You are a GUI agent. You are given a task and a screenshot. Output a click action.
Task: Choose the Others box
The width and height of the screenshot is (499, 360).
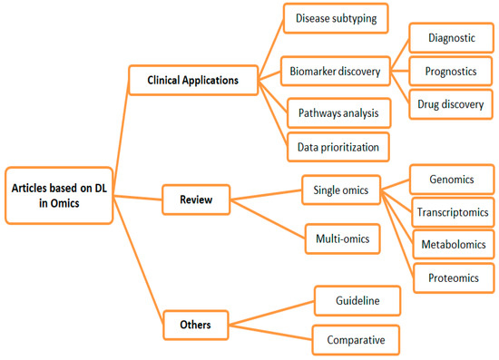click(192, 320)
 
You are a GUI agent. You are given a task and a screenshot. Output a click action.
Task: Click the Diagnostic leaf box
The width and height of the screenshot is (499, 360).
click(450, 37)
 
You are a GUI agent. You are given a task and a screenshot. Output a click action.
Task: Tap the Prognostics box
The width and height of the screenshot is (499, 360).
click(450, 70)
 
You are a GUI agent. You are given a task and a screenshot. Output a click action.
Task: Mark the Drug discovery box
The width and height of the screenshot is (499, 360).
click(450, 103)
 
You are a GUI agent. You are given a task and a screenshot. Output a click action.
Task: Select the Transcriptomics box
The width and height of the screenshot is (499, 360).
click(451, 212)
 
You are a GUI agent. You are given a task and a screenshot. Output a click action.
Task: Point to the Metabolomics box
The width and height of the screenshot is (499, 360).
click(451, 245)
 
